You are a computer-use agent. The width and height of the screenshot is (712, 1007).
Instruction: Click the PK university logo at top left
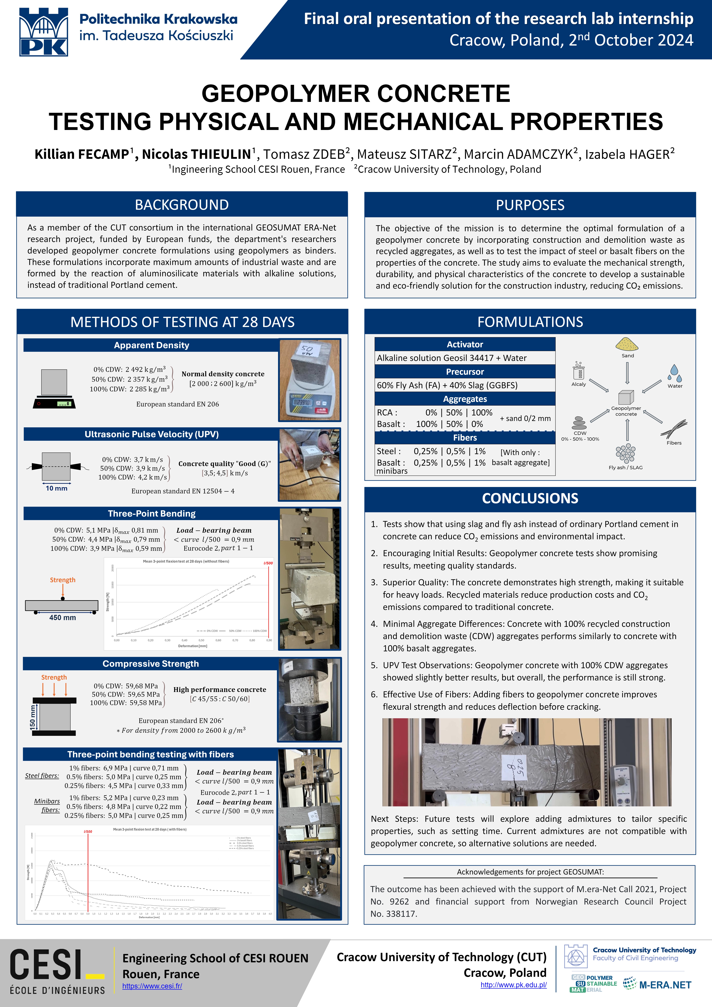point(43,32)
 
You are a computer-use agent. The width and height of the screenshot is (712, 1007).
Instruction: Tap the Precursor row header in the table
point(465,372)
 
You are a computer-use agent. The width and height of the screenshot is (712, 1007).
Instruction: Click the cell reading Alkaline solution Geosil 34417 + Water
point(452,358)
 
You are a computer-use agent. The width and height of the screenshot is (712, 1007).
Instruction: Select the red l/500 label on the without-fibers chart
point(268,563)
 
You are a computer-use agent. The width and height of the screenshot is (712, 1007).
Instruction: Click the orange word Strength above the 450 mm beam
point(63,580)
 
